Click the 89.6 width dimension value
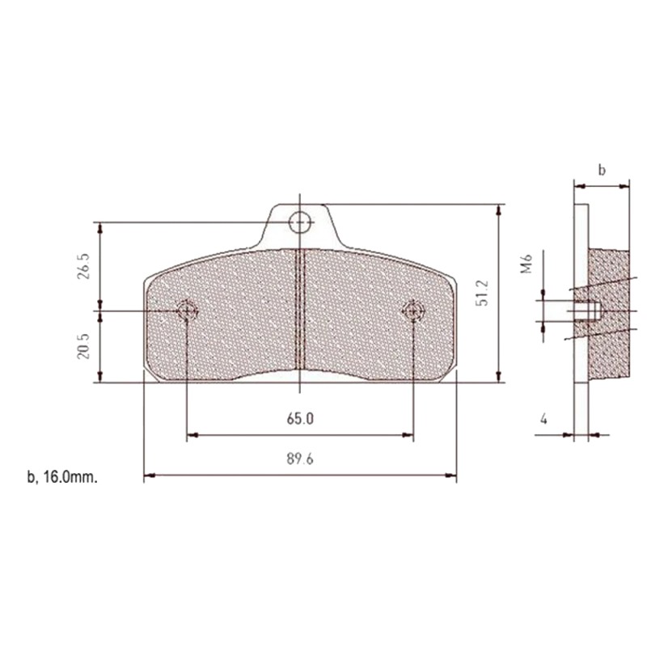click(x=298, y=459)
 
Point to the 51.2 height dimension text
click(x=483, y=292)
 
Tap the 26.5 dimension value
click(x=83, y=266)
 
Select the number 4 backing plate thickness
click(x=543, y=419)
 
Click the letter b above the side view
click(x=601, y=170)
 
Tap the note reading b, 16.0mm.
click(x=62, y=477)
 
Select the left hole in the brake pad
click(x=187, y=310)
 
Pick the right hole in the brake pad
click(x=413, y=310)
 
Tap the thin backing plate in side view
click(x=581, y=388)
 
